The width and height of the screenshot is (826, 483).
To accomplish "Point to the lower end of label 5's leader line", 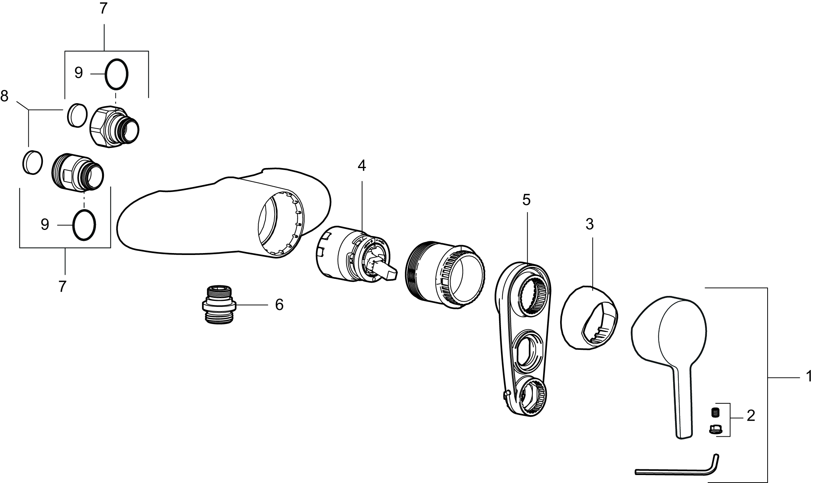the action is [x=527, y=263].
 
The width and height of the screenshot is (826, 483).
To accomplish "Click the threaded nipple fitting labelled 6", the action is [x=218, y=304].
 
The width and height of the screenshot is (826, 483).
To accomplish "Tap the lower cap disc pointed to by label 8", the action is [x=33, y=162].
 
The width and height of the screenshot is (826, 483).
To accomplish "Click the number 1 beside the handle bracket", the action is [x=809, y=377].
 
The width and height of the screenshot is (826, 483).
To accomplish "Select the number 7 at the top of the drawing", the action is [x=104, y=8].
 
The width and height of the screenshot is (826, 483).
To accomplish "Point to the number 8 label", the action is [x=5, y=96].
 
